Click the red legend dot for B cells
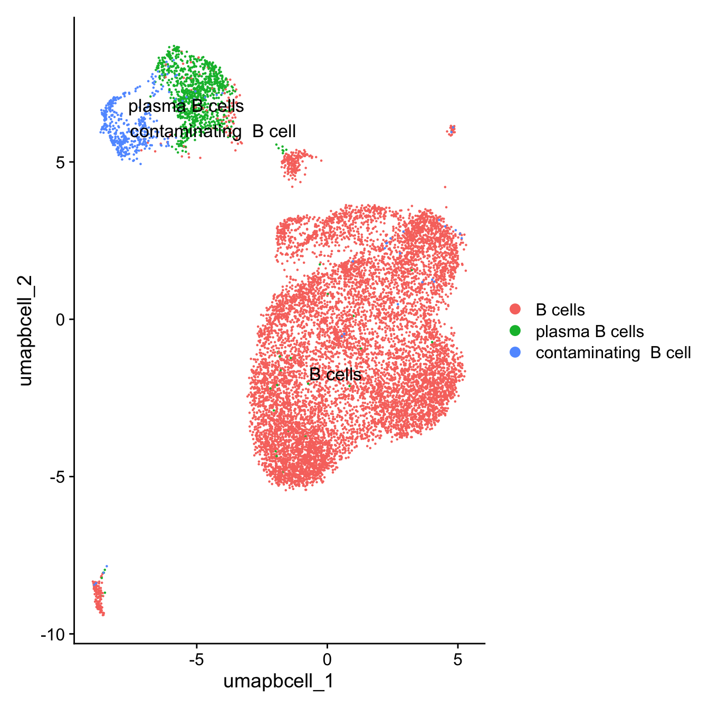coord(515,310)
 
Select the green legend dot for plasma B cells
coord(515,331)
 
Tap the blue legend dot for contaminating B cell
coord(515,352)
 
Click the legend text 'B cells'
coord(560,310)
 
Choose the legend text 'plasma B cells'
coord(590,331)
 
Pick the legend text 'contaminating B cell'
coord(613,352)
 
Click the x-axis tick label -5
coord(196,659)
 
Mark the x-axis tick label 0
coord(327,659)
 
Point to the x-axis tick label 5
coord(458,659)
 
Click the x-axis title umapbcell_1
coord(279,681)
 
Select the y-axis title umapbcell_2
coord(25,331)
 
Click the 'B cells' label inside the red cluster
coord(336,375)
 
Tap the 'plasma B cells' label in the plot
coord(186,106)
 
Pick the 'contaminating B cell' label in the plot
coord(213,131)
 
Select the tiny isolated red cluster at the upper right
coord(451,130)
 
